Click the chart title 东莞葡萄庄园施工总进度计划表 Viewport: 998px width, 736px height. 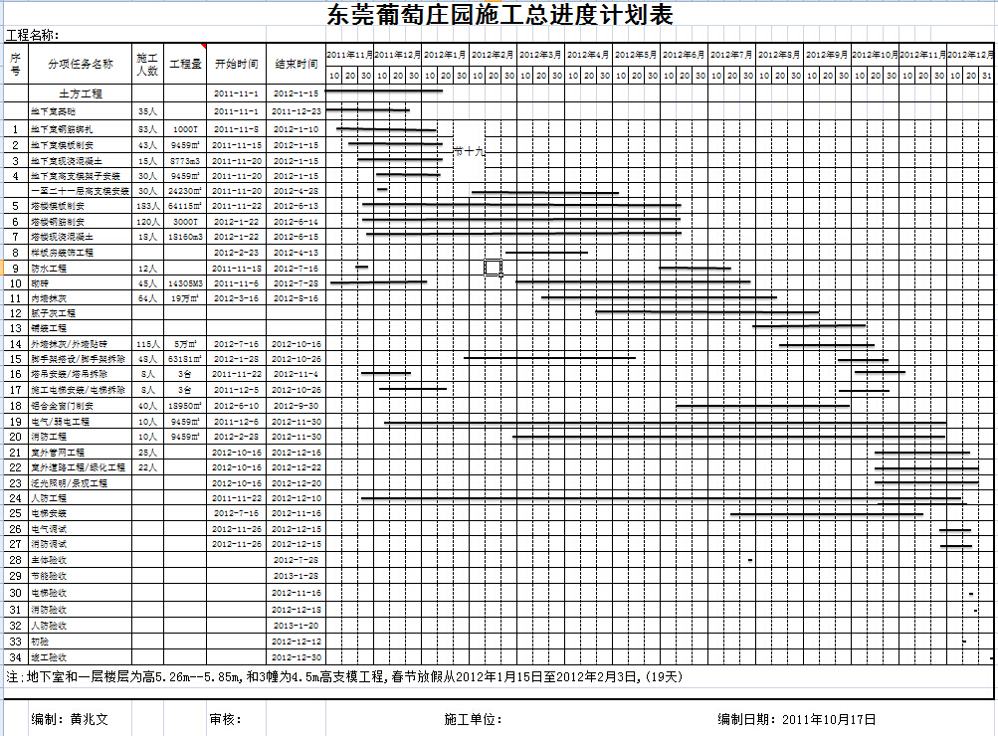pyautogui.click(x=499, y=15)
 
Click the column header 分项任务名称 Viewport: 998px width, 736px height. pyautogui.click(x=81, y=64)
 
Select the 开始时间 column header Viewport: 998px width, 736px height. pyautogui.click(x=236, y=64)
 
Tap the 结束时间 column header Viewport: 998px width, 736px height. pyautogui.click(x=297, y=64)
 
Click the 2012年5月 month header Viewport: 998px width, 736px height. pyautogui.click(x=636, y=53)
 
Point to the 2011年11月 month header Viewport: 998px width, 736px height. pyautogui.click(x=349, y=53)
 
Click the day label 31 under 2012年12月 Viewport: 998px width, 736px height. pyautogui.click(x=987, y=76)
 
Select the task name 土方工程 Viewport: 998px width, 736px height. pyautogui.click(x=81, y=93)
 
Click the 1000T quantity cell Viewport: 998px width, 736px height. pyautogui.click(x=185, y=129)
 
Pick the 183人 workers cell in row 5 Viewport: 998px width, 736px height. pyautogui.click(x=147, y=206)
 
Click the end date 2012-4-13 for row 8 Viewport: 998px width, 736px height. pyautogui.click(x=297, y=253)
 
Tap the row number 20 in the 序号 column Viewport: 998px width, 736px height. pyautogui.click(x=15, y=437)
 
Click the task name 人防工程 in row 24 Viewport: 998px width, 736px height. pyautogui.click(x=49, y=497)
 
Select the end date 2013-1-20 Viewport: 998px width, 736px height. pyautogui.click(x=297, y=626)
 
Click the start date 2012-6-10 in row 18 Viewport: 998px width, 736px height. pyautogui.click(x=236, y=406)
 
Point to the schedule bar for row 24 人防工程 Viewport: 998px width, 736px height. pyautogui.click(x=657, y=498)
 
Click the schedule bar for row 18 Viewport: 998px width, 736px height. pyautogui.click(x=761, y=406)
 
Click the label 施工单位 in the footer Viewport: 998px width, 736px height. pyautogui.click(x=472, y=719)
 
